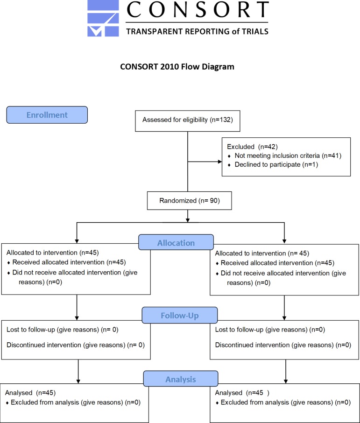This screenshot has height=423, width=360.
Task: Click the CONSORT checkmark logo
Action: (x=103, y=18)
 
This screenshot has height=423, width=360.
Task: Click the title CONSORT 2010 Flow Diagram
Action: (x=177, y=67)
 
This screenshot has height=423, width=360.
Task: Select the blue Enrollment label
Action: (x=47, y=115)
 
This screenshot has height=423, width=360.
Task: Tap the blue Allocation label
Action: (x=176, y=242)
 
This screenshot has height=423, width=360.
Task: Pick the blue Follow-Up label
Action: (x=180, y=315)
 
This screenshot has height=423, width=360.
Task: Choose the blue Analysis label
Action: (x=181, y=379)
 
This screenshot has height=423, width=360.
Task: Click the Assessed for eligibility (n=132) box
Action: (x=188, y=121)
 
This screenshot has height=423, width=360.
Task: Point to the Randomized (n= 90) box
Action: (x=190, y=201)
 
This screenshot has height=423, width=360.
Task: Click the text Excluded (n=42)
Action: (x=252, y=147)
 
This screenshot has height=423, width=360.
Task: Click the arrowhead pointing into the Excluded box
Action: (x=219, y=162)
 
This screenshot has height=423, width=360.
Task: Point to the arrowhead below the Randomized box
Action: (x=188, y=220)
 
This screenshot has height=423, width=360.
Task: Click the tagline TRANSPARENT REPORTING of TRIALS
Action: (x=197, y=32)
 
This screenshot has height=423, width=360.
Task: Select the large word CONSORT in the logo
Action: (x=198, y=9)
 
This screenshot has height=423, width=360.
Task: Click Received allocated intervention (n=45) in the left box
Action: (x=69, y=262)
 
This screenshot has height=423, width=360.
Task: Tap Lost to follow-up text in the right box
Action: (x=270, y=330)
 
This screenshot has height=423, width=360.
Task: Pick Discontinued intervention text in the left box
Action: (x=76, y=345)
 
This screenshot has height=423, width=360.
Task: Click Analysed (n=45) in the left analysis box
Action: (x=30, y=393)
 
